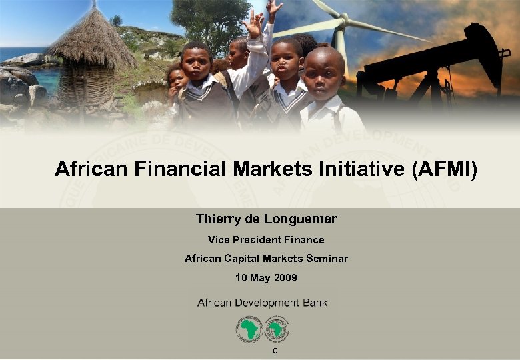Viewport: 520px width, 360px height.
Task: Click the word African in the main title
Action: click(92, 169)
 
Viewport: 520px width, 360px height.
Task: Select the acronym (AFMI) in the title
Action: click(445, 169)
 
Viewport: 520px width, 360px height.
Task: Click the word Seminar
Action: click(323, 258)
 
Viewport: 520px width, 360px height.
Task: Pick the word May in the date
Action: click(259, 277)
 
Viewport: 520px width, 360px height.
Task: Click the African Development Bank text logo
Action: click(262, 303)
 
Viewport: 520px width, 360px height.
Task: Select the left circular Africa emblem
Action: click(249, 329)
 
